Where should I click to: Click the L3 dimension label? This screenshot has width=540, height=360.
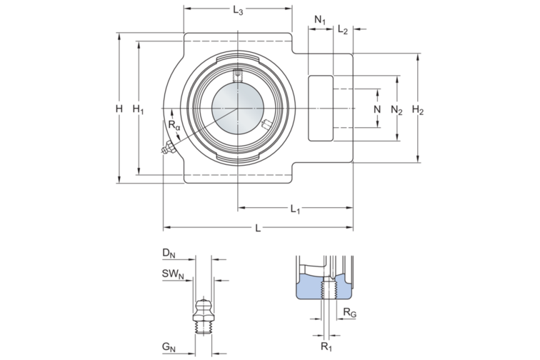pos(239,11)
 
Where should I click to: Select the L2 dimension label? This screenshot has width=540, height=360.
pos(343,30)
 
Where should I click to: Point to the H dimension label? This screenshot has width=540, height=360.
pos(119,109)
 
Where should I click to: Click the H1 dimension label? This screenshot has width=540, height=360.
pos(139,109)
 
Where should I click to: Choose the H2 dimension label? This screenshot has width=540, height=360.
pos(419,110)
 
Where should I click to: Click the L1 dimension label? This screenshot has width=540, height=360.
pos(295,209)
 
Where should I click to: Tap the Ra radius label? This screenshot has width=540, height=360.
pos(174,125)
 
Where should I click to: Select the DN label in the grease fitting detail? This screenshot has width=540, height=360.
pos(169,253)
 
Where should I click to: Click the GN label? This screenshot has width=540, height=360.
pos(169,348)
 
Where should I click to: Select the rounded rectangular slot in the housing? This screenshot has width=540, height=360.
pos(321,107)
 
